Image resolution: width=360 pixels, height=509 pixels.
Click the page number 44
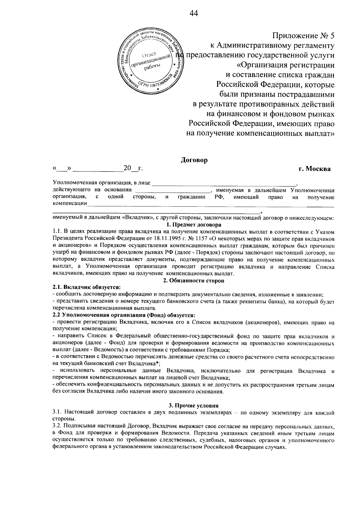tap(194, 13)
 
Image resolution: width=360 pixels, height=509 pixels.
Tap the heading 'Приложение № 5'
tap(303, 36)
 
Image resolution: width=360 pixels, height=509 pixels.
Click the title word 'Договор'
tap(194, 160)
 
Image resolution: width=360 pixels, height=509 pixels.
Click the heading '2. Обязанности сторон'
tap(193, 281)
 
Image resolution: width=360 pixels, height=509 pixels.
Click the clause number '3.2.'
tap(57, 426)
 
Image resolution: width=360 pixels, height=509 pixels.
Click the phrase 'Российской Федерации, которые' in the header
tap(275, 85)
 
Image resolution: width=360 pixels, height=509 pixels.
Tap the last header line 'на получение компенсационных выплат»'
tap(260, 133)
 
